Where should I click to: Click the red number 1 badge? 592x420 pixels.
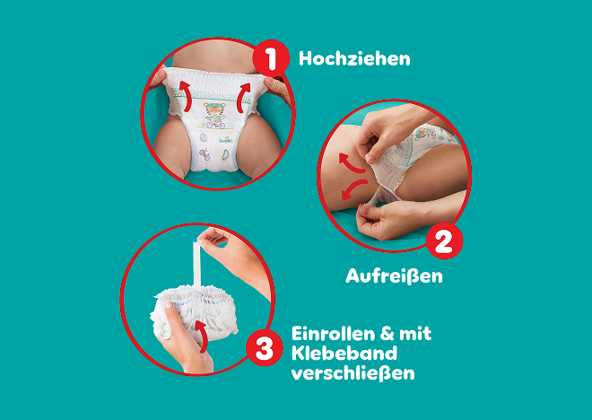coord(271,58)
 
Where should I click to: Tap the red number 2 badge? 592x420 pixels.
coord(444,241)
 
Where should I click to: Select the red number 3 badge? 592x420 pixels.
coord(265,347)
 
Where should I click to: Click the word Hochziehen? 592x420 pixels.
coord(354,59)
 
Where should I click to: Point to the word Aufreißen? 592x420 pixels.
coord(394,276)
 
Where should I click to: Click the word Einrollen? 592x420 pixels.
coord(332,334)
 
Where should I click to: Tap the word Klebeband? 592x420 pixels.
coord(344,354)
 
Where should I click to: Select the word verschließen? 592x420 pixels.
coord(353,373)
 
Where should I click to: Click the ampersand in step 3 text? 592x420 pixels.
coord(387,334)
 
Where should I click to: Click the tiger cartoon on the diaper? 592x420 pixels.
coord(214,115)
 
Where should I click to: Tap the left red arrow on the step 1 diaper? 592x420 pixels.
coord(186,97)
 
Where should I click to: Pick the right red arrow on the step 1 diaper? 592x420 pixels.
coord(243,98)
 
